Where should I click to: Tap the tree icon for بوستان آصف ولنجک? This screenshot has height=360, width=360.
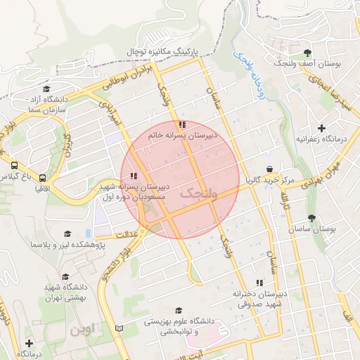307,53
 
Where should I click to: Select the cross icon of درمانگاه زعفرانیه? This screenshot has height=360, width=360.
322,128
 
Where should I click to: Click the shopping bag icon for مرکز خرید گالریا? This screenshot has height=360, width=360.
269,169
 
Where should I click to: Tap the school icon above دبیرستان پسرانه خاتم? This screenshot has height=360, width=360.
183,124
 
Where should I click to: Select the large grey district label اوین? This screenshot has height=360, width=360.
84,329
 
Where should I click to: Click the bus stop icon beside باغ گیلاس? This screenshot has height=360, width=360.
15,165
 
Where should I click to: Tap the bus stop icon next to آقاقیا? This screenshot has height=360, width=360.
44,179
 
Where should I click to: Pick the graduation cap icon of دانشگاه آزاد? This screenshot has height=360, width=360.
46,89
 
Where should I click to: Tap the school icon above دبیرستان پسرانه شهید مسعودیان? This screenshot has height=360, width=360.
134,176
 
